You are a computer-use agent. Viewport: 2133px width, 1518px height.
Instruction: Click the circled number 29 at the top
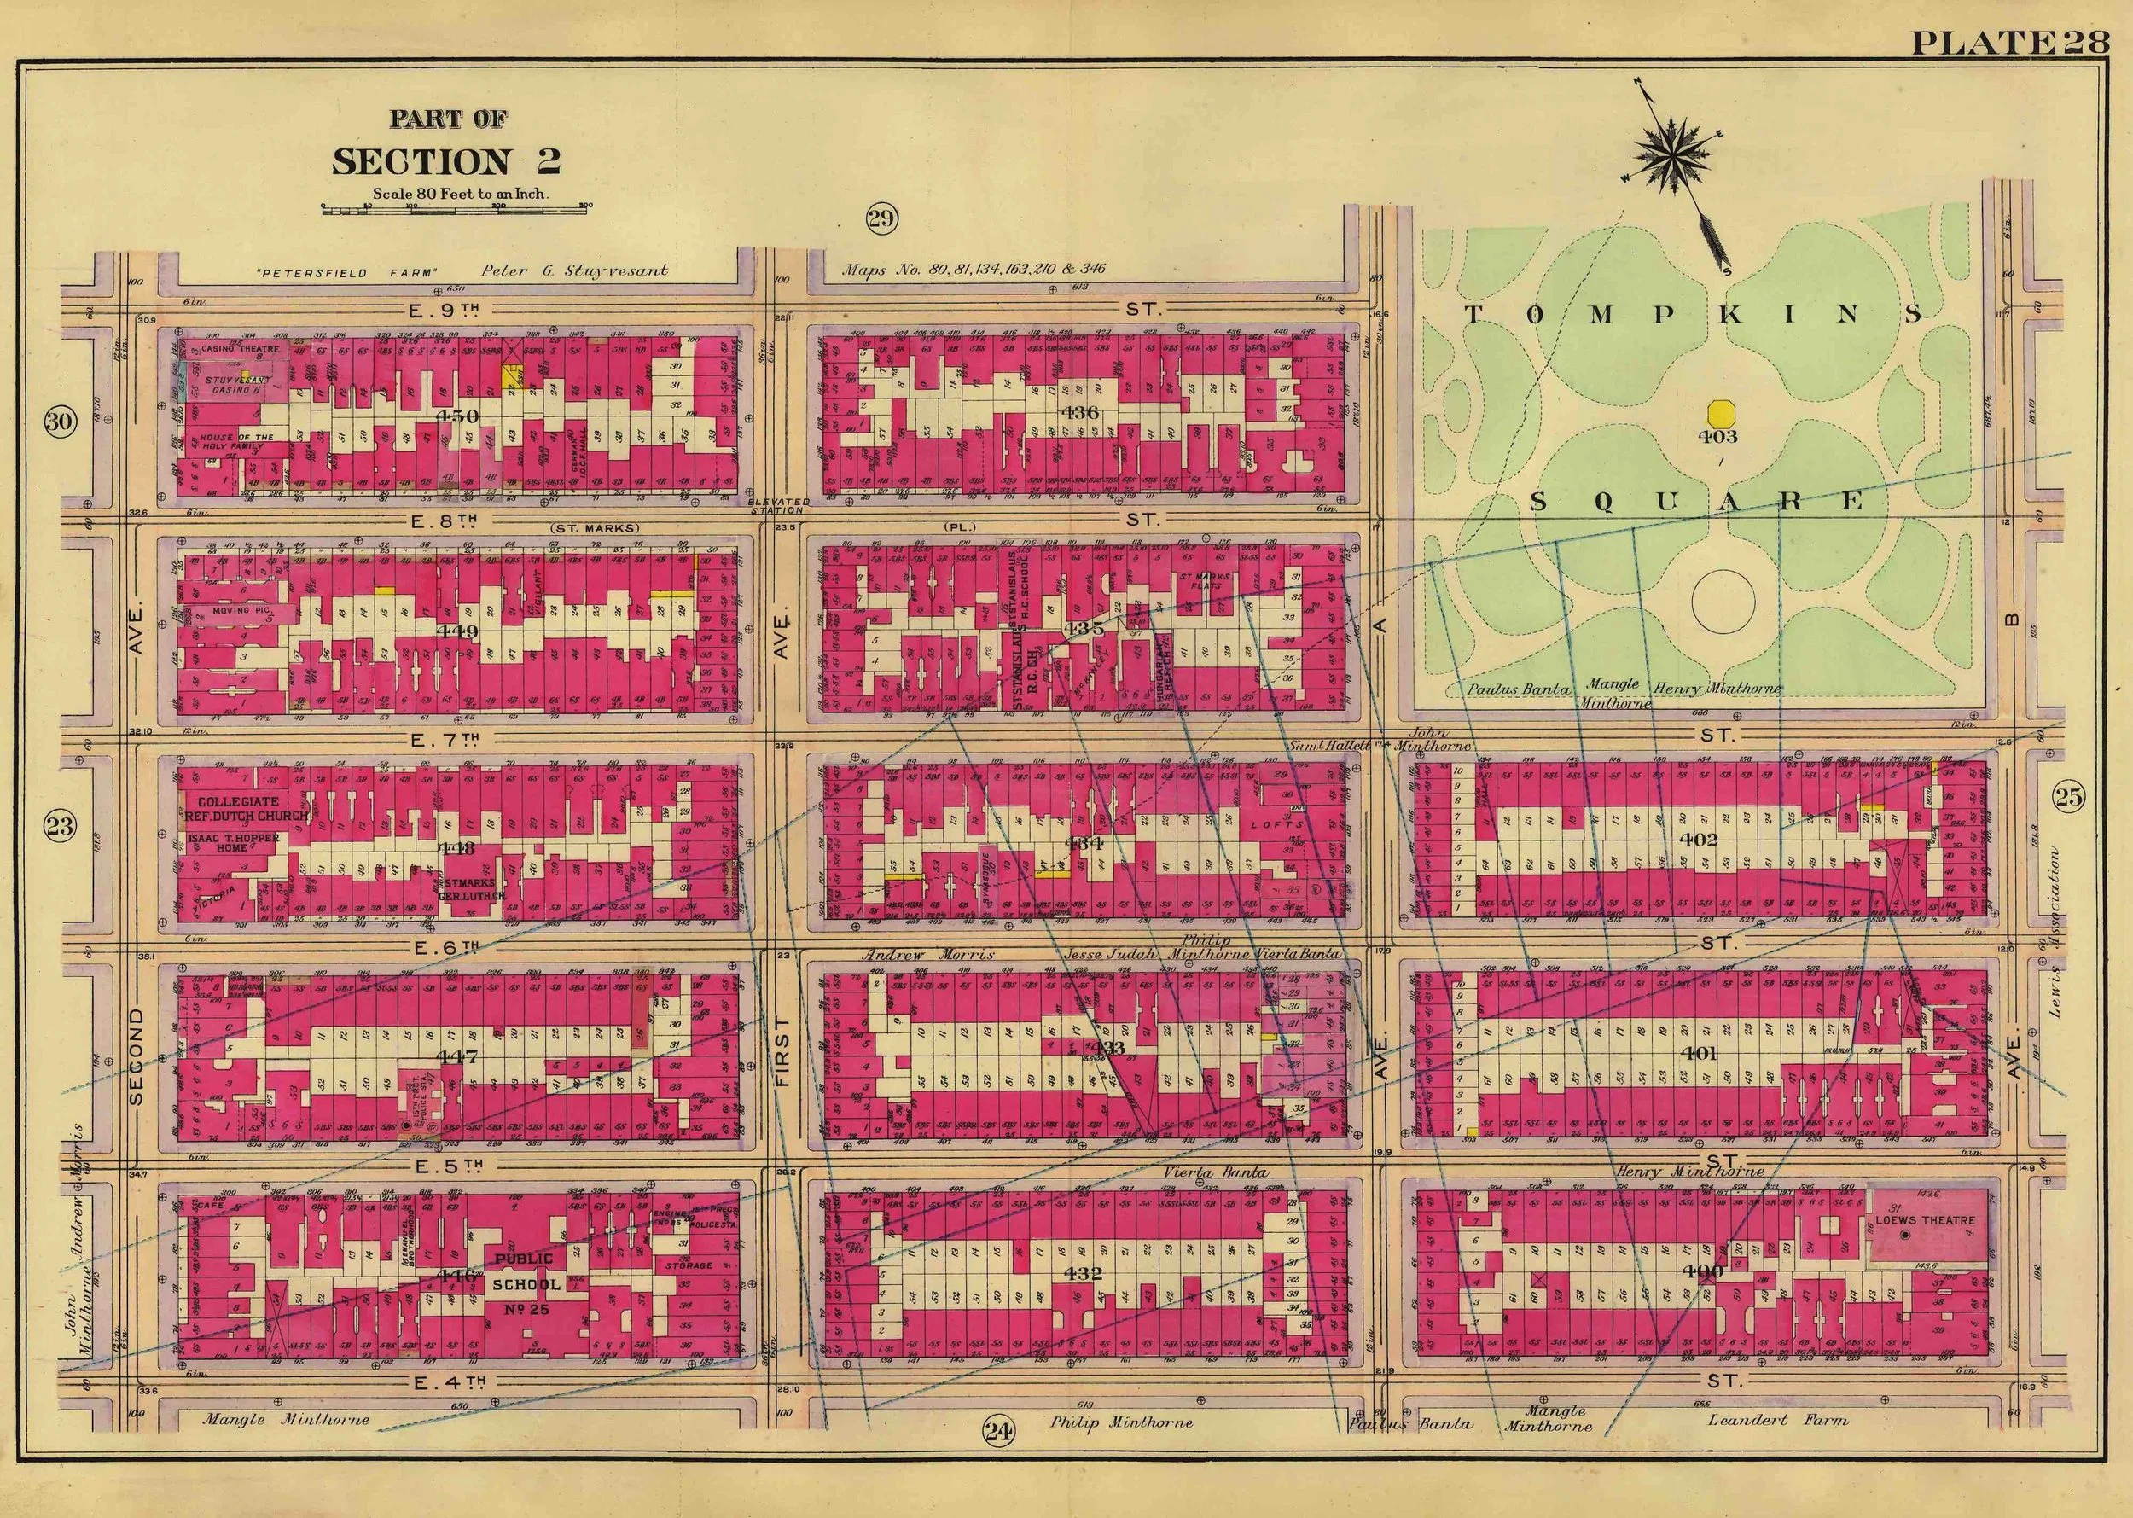pos(881,219)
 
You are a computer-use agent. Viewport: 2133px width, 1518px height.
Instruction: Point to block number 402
pos(1699,839)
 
